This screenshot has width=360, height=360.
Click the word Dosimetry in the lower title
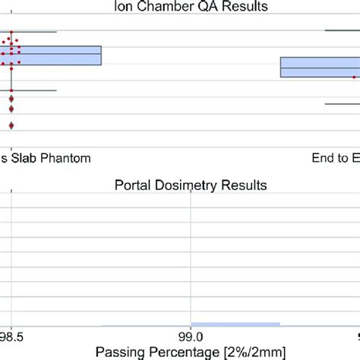(182, 185)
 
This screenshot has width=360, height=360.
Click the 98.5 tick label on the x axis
(11, 335)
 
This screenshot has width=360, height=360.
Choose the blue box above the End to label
(319, 67)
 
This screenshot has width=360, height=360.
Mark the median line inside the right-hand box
(319, 69)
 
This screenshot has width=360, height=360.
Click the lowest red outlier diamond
(11, 125)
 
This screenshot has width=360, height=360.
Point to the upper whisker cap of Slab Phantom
(34, 32)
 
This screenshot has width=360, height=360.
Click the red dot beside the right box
(354, 77)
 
